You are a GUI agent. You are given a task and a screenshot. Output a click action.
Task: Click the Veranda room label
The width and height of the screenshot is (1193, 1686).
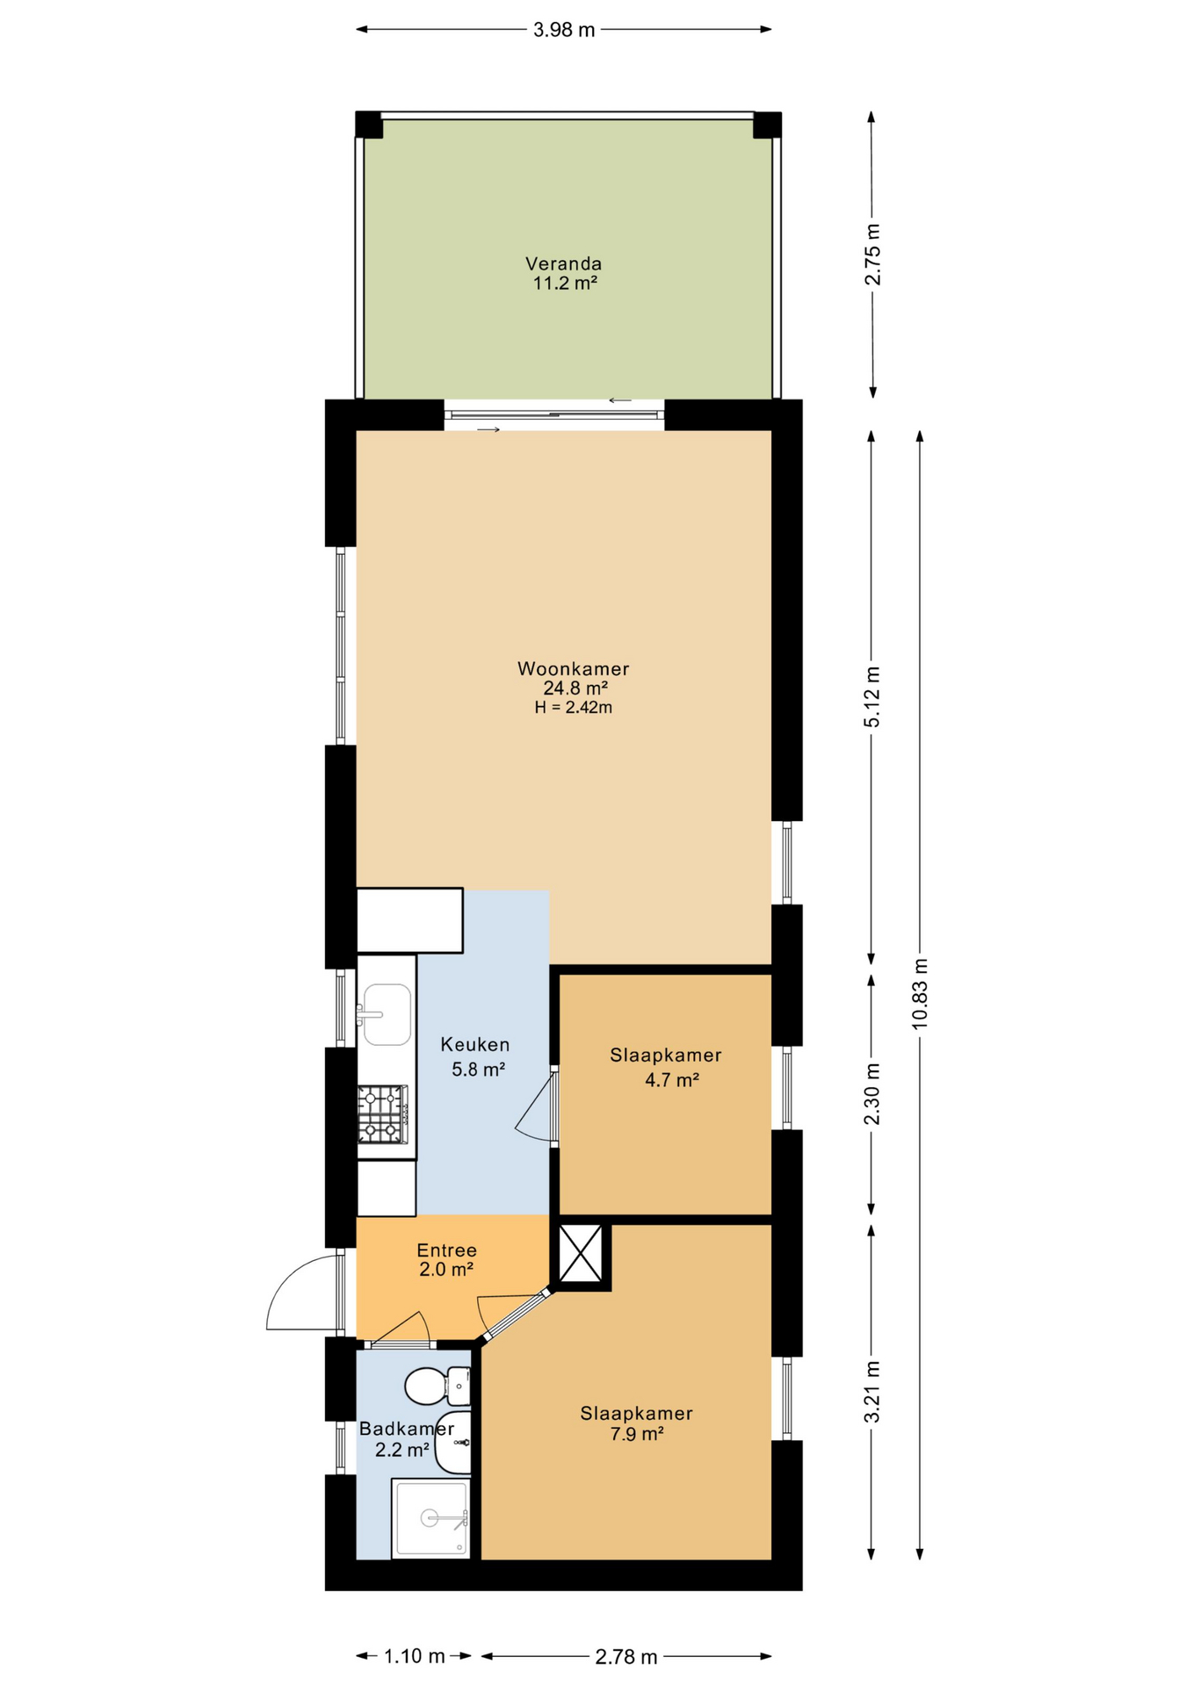click(563, 263)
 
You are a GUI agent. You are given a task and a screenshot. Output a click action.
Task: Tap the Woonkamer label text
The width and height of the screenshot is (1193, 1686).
click(573, 669)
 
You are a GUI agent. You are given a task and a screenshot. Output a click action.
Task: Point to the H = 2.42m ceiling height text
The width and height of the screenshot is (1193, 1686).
click(573, 708)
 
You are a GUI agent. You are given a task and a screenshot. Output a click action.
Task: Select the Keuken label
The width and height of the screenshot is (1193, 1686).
click(474, 1045)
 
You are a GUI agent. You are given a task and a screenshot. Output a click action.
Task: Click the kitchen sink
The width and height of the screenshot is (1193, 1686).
click(386, 1014)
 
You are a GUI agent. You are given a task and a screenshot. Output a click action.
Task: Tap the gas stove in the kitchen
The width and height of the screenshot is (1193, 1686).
click(384, 1114)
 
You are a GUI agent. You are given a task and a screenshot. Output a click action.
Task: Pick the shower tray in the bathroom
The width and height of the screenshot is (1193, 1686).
click(430, 1519)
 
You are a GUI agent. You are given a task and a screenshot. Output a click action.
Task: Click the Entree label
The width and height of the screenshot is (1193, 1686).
click(446, 1250)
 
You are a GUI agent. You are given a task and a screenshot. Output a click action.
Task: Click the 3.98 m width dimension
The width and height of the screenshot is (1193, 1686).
click(564, 31)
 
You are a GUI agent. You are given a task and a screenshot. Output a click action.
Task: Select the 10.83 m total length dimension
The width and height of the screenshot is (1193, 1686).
click(920, 994)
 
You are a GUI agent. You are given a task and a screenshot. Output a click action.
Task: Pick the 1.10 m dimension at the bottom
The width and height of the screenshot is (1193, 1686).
click(414, 1657)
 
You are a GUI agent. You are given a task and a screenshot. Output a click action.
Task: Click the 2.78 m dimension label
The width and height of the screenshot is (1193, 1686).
click(626, 1657)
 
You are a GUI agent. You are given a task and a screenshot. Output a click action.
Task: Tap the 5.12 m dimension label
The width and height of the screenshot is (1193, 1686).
click(871, 696)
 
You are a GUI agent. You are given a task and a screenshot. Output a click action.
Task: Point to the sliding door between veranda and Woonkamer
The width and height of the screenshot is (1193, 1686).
click(554, 414)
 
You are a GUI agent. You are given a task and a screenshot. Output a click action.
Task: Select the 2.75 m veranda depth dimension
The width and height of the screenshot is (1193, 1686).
click(872, 255)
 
